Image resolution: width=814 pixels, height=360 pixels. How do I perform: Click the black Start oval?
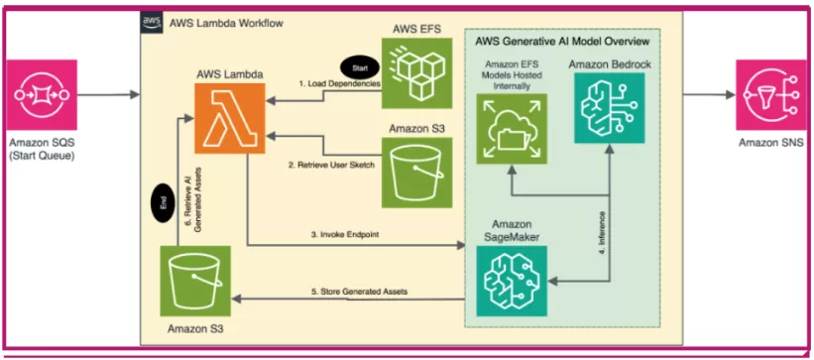(359, 67)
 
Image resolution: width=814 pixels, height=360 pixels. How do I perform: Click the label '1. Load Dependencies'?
(339, 85)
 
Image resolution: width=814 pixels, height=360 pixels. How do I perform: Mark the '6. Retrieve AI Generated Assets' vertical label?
(189, 196)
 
